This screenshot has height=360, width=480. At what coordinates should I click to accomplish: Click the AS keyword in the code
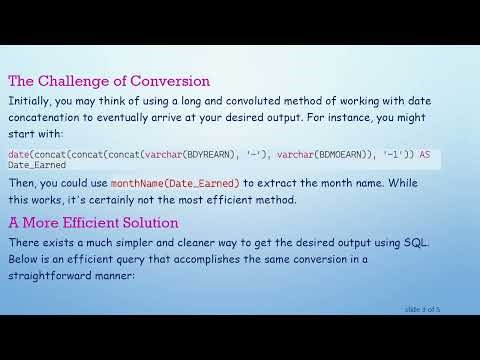(424, 155)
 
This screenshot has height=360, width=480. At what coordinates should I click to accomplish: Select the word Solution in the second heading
(146, 222)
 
